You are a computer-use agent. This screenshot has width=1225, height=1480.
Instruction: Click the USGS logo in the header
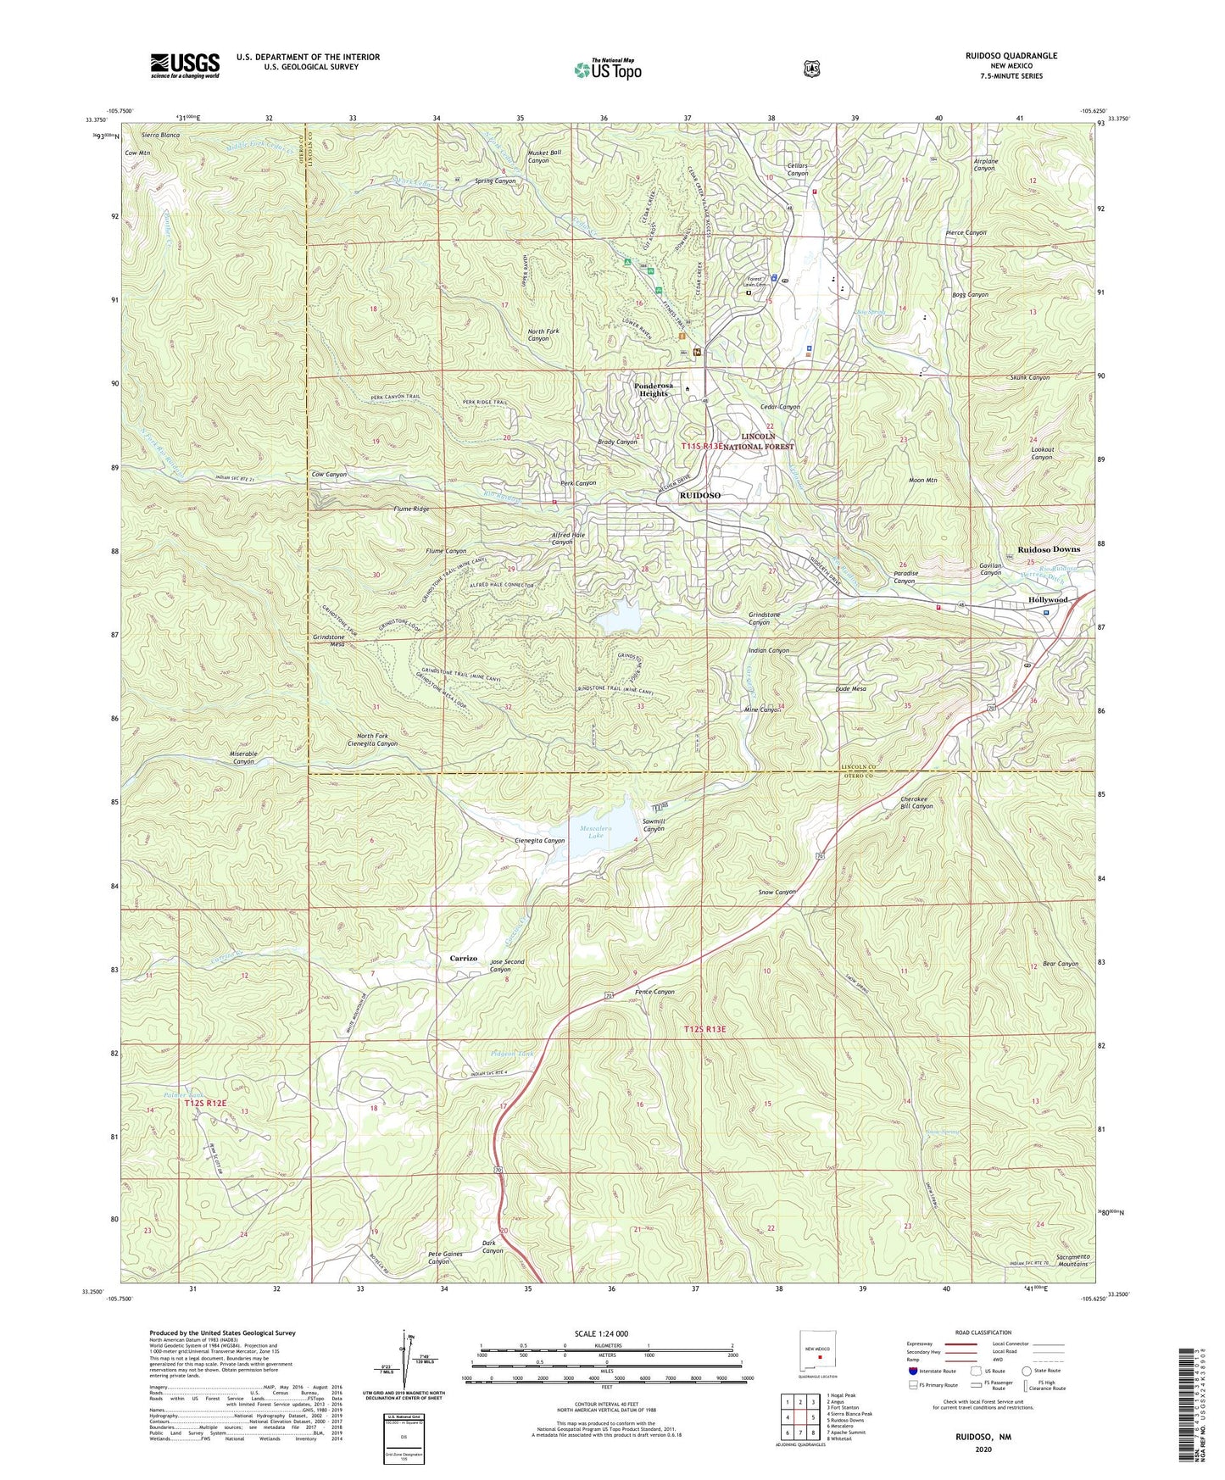[185, 64]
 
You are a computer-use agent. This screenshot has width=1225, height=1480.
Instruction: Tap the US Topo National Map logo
[606, 69]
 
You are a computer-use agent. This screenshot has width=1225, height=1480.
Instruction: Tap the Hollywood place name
[1047, 599]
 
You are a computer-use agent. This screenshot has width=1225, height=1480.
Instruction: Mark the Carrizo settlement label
[463, 958]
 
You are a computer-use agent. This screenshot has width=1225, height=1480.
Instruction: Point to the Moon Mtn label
[922, 481]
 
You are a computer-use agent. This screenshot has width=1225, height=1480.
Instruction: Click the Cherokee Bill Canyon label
[916, 802]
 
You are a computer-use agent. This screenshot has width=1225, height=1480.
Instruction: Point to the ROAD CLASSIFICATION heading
[983, 1333]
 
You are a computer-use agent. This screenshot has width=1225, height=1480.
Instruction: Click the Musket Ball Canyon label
[544, 156]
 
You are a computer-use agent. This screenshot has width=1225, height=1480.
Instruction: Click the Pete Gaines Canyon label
[450, 1257]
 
